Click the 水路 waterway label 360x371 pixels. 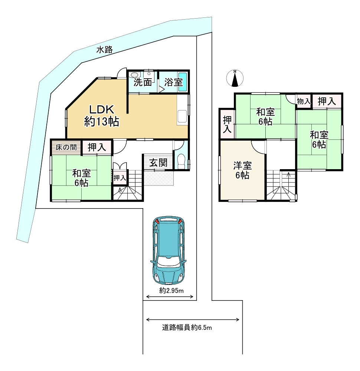click(104, 50)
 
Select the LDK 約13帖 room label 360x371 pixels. click(102, 115)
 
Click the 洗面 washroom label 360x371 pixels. click(143, 82)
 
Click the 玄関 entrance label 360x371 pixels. click(158, 162)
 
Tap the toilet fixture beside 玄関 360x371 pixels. click(181, 161)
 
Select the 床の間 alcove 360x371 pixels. click(66, 147)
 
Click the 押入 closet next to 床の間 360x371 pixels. click(97, 147)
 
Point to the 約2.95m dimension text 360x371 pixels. click(171, 291)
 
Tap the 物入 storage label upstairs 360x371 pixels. click(304, 101)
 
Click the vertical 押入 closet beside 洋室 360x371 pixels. click(227, 125)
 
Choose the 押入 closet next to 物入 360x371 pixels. click(327, 101)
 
